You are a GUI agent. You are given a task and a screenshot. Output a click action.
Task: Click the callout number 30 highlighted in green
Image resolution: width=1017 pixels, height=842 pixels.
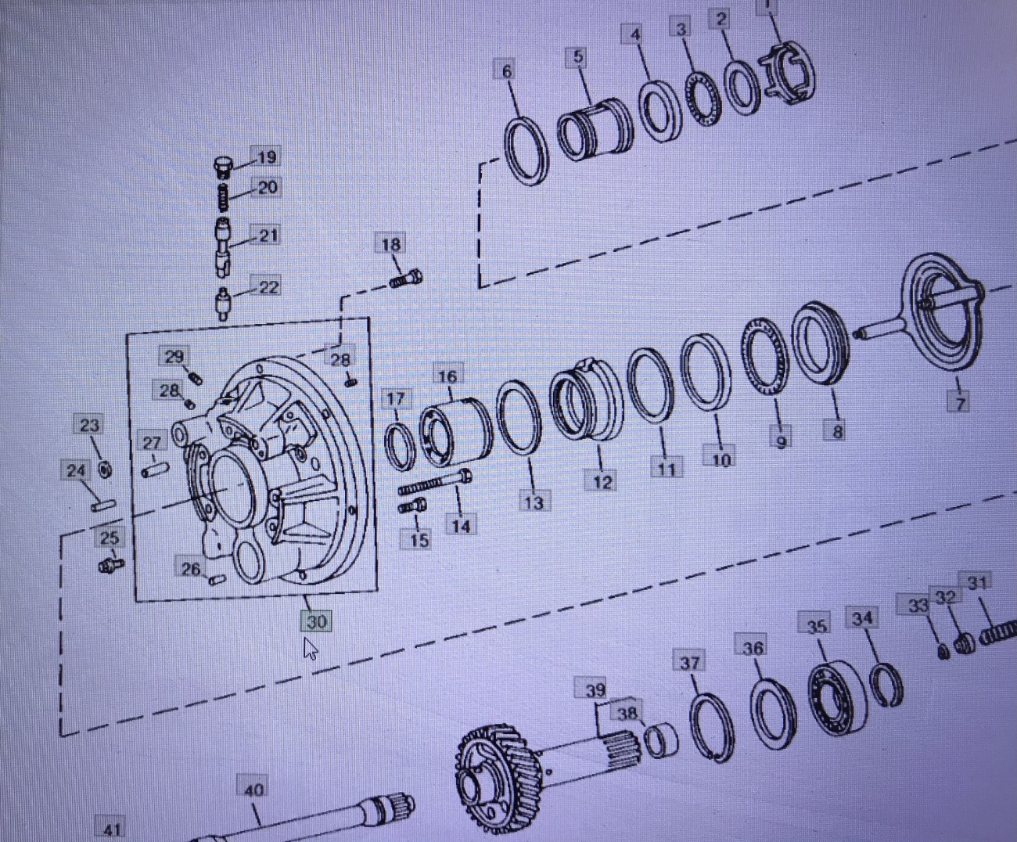317,621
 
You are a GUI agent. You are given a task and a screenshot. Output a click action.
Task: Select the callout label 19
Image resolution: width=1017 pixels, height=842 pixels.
266,157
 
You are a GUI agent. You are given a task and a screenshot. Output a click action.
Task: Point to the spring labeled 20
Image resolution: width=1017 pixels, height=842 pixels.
224,196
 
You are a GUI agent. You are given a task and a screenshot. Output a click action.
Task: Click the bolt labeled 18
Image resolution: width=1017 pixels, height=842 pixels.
406,279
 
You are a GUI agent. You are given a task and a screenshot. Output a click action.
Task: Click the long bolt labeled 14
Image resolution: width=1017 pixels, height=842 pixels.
435,482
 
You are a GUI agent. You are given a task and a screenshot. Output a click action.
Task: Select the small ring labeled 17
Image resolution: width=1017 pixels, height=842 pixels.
400,448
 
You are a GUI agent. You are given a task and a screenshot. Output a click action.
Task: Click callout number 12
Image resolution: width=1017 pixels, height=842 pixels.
602,482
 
